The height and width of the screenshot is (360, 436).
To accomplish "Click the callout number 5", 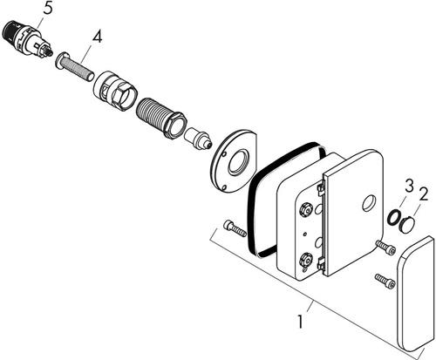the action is click(48, 9).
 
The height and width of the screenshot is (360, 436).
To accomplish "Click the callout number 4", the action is click(98, 37).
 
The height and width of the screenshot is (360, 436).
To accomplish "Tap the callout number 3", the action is click(409, 186).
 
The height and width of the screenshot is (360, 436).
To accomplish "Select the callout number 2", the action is click(424, 194).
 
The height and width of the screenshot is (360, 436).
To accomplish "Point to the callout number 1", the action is click(300, 322).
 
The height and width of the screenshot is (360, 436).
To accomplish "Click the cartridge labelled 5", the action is click(28, 39).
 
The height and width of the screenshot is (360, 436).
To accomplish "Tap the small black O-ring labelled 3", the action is click(393, 217).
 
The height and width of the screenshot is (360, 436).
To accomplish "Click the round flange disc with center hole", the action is click(234, 160).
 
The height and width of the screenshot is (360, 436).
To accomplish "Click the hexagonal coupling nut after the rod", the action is click(115, 91).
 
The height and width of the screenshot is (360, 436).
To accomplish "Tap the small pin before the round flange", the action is click(198, 139).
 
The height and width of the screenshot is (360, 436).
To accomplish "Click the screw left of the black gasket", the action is click(235, 228).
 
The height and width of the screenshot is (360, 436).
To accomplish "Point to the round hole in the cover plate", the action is click(369, 203).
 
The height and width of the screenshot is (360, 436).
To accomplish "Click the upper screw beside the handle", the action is click(386, 247).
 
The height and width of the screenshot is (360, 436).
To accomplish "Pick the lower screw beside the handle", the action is click(385, 281).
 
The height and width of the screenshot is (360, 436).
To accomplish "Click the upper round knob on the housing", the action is click(305, 210).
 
